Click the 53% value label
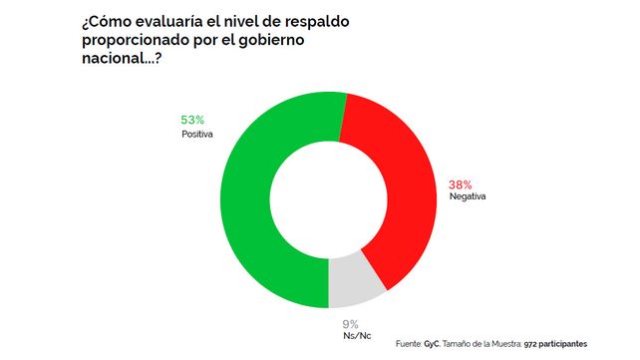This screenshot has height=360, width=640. (192, 120)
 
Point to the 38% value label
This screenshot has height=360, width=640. (460, 184)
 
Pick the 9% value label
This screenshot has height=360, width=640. (350, 324)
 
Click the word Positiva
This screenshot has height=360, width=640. (197, 134)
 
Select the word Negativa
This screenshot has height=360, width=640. (468, 196)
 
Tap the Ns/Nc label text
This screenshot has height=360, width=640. (357, 336)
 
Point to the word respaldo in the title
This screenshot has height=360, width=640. (316, 23)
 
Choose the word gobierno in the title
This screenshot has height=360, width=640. (271, 40)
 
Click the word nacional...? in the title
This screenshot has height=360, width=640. (122, 58)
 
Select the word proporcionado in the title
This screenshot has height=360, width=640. (134, 41)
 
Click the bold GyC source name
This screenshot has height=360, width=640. (432, 344)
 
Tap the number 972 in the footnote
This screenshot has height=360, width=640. (530, 344)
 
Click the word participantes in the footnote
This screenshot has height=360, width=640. (563, 344)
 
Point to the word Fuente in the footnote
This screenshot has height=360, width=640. (409, 344)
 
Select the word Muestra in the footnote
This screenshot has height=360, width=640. (506, 344)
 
